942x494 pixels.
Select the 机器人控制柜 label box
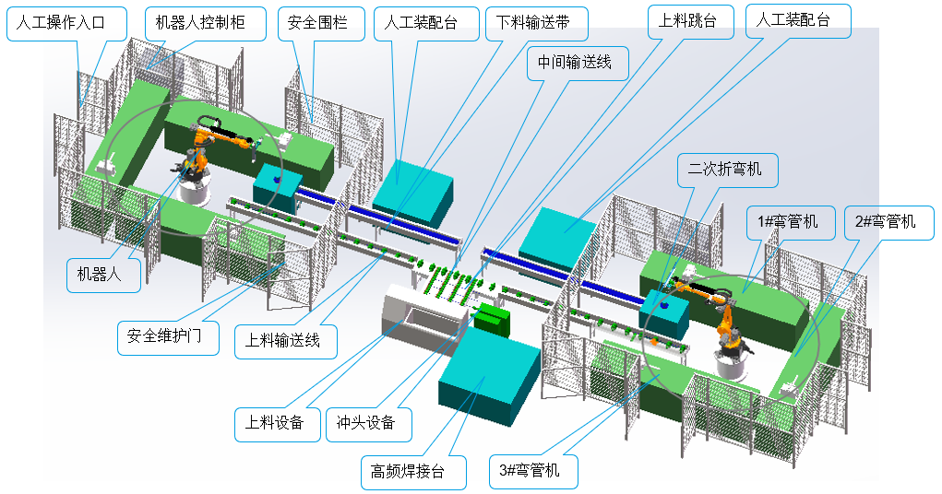coord(200,23)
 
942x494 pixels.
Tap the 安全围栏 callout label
coord(313,23)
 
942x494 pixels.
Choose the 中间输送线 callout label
coord(577,64)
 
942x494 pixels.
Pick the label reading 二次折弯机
coord(725,170)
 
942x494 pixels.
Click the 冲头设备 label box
coord(365,423)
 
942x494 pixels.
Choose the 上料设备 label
coord(274,423)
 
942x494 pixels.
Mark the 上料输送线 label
coord(286,339)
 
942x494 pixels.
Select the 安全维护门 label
coord(167,336)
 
